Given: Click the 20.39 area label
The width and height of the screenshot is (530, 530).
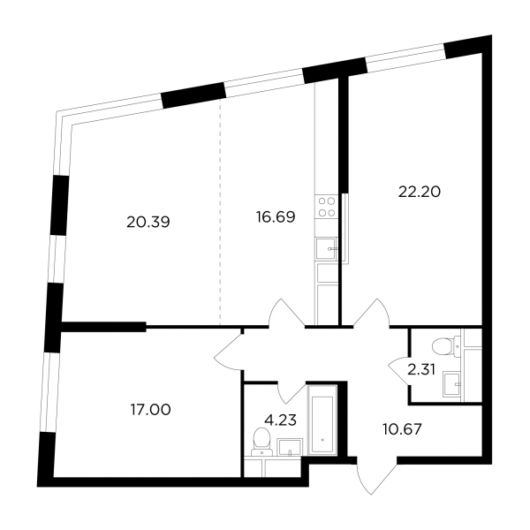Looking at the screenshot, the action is [x=148, y=223].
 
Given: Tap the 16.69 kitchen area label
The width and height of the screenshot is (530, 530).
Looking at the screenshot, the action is [x=276, y=216].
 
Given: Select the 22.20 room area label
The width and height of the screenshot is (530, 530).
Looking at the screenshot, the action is [x=420, y=193].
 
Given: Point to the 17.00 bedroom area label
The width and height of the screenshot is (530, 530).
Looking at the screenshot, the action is [x=151, y=410].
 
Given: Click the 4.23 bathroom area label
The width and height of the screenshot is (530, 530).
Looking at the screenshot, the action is [x=281, y=420].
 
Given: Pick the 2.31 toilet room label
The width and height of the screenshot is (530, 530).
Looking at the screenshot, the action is [x=421, y=370].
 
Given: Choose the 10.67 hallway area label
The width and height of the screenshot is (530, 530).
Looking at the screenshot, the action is [x=402, y=430].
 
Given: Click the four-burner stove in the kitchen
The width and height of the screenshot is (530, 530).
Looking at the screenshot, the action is [x=327, y=207].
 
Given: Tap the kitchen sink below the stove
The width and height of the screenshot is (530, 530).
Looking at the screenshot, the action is [x=327, y=249].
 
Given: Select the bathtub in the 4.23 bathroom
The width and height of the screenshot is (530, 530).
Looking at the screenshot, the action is [x=322, y=420].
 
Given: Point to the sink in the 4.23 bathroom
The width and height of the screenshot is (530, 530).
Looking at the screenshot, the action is [x=291, y=447].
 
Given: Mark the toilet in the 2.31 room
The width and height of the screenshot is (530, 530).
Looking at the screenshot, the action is [x=446, y=346].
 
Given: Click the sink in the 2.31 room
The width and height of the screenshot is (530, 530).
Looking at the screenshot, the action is [x=452, y=383].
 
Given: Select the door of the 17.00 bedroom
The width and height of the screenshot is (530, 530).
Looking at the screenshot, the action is [x=229, y=350].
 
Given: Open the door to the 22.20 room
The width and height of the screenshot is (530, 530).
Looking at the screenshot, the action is [x=371, y=313].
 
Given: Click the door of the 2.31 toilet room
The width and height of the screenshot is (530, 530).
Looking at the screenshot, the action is [x=399, y=370].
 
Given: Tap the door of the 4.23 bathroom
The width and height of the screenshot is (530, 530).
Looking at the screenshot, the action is [x=291, y=392].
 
